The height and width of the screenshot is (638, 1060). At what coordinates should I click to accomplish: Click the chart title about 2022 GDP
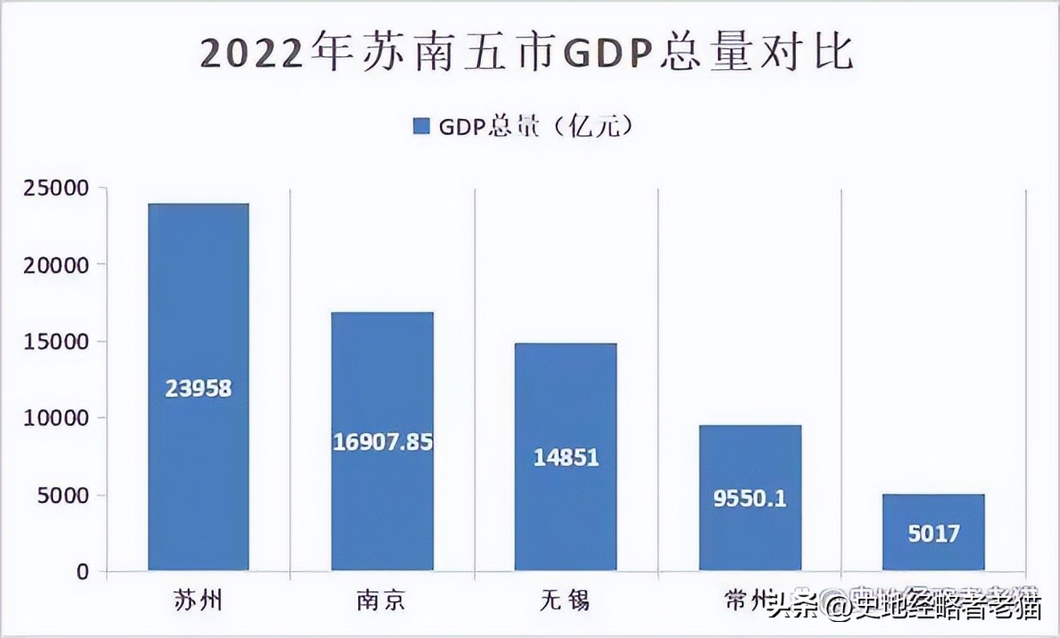point(527,54)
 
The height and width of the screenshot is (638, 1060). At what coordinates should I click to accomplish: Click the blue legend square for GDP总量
point(422,126)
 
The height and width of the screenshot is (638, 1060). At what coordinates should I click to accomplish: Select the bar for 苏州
point(198,321)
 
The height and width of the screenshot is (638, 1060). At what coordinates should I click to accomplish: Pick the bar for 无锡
point(566,386)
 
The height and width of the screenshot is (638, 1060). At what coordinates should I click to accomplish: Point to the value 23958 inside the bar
point(198,389)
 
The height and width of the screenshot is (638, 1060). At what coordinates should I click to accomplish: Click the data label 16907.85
point(383,442)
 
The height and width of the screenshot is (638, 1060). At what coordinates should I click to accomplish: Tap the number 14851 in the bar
point(566,457)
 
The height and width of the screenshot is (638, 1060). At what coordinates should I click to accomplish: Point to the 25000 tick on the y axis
point(57,189)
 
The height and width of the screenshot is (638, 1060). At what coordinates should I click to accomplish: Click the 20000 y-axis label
point(57,266)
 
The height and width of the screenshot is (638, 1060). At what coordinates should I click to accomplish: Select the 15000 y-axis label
point(57,342)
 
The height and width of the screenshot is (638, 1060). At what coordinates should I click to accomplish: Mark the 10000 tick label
point(57,419)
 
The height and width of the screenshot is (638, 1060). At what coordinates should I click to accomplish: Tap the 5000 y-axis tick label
point(63,496)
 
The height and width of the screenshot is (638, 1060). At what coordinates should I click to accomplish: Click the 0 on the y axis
point(82,572)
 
